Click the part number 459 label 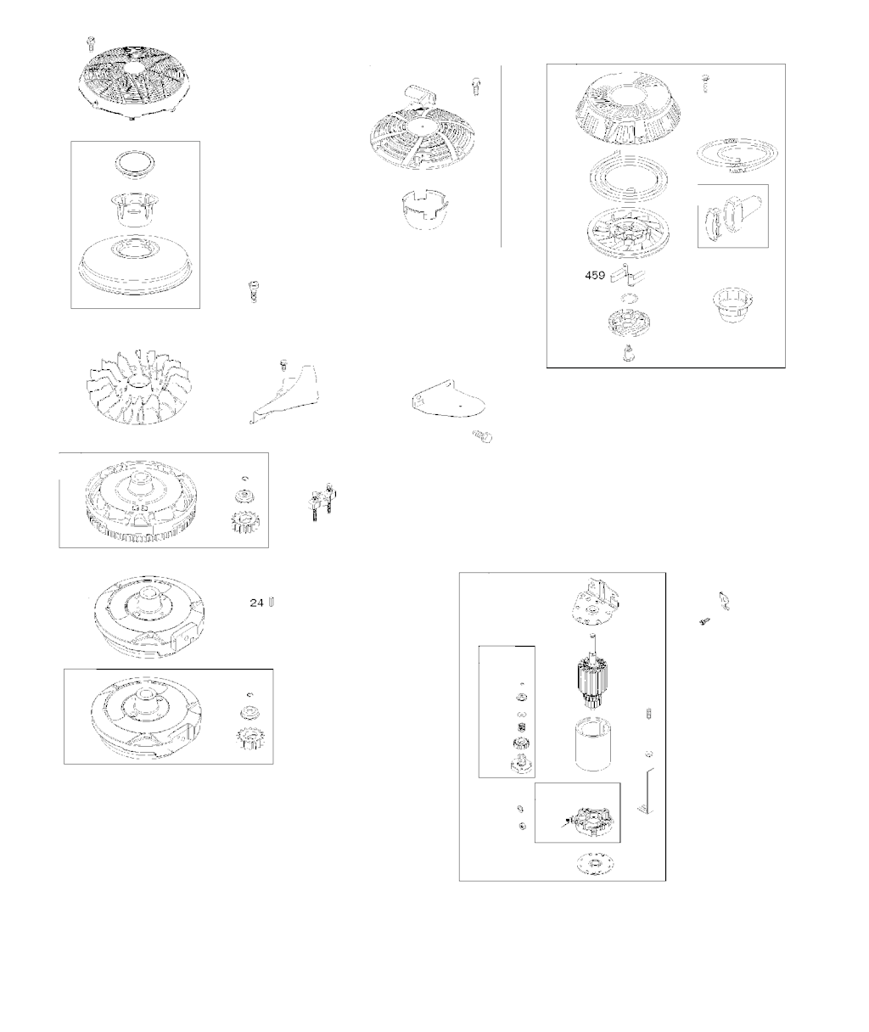595,275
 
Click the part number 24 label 256,603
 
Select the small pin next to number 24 272,602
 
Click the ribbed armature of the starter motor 591,670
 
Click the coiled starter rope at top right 737,156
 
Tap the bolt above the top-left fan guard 91,42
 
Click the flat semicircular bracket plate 448,399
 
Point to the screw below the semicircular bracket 482,436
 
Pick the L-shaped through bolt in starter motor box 647,790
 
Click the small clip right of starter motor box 724,601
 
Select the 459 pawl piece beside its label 627,276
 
